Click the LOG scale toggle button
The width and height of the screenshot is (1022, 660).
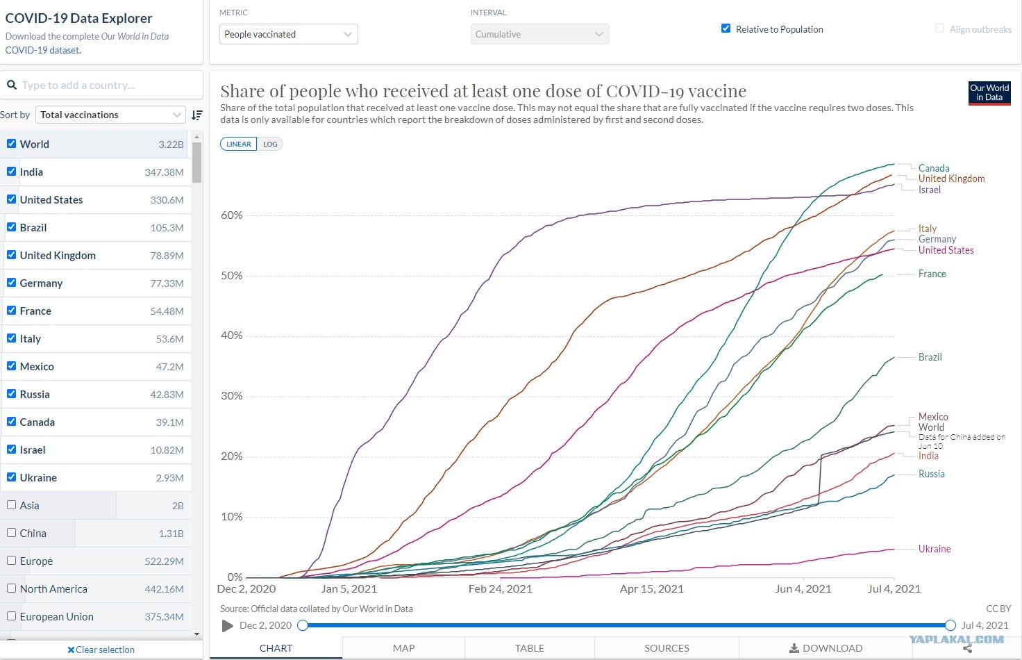270,145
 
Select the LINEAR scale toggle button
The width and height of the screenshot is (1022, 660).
239,145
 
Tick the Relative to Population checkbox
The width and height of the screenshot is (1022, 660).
726,28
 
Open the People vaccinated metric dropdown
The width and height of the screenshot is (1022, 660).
288,34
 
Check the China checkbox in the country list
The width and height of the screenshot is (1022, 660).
12,533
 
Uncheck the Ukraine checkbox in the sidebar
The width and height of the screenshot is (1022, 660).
12,477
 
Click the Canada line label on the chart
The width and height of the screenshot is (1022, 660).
934,168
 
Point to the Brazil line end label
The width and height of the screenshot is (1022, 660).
930,357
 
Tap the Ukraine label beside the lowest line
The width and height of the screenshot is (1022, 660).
935,549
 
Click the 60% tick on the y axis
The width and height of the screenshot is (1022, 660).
232,215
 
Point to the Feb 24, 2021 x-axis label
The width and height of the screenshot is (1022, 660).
500,589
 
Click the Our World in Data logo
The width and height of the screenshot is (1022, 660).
989,93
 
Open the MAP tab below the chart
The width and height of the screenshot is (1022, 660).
404,648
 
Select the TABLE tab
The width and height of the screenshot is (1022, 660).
529,648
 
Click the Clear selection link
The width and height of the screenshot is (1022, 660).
101,650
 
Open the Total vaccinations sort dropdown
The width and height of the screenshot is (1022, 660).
110,115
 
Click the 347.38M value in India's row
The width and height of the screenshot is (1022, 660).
165,172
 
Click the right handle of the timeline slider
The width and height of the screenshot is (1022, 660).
950,625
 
